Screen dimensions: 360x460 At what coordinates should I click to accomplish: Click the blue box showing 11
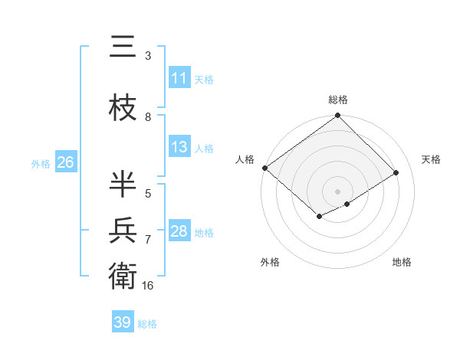pos(179,79)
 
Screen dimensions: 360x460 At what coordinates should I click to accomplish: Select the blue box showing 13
pos(179,148)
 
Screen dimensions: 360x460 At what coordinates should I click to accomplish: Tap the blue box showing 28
pos(179,232)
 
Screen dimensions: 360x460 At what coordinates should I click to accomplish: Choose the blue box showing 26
pos(65,163)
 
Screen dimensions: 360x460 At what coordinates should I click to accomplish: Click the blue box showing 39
pos(122,323)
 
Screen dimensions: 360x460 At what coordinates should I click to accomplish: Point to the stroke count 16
pos(148,286)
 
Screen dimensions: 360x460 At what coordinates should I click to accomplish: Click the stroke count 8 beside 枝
pos(148,117)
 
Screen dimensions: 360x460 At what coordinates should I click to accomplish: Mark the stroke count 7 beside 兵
pos(148,240)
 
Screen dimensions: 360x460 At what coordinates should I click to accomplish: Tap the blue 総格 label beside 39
pos(147,324)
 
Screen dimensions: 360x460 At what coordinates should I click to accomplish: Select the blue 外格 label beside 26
pos(40,164)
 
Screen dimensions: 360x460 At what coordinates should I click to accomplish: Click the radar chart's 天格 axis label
pos(432,159)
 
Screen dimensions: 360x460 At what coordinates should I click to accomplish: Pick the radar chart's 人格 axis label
pos(245,159)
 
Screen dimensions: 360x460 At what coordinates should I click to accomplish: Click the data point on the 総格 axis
pos(338,116)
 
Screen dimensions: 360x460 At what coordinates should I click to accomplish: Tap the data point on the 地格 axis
pos(347,204)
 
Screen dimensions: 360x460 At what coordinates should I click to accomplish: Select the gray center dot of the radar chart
pos(337,190)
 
